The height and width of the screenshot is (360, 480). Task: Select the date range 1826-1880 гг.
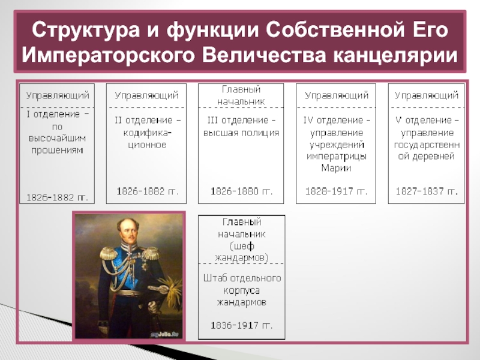241,191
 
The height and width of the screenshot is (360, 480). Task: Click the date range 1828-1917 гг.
336,191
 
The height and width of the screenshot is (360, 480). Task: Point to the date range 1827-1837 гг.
427,191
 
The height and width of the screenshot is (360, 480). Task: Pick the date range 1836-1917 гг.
241,326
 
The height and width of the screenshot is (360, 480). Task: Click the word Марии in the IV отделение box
336,168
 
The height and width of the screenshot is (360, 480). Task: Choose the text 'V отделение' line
427,121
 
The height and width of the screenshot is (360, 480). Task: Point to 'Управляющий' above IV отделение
336,95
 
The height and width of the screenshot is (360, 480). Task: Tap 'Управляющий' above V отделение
427,95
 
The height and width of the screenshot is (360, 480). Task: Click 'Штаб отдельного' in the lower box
241,278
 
